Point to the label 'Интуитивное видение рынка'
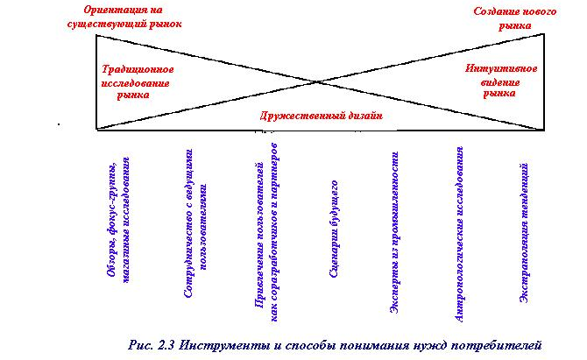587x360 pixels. tap(500, 80)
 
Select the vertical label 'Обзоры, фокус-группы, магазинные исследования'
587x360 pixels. tap(119, 222)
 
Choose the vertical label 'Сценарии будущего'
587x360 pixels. tap(334, 229)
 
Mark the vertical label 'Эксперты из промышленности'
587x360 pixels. tap(396, 229)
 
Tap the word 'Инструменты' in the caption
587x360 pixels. tap(220, 344)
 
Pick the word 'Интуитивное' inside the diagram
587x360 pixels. tap(500, 67)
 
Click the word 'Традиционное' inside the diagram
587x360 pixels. tap(138, 68)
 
